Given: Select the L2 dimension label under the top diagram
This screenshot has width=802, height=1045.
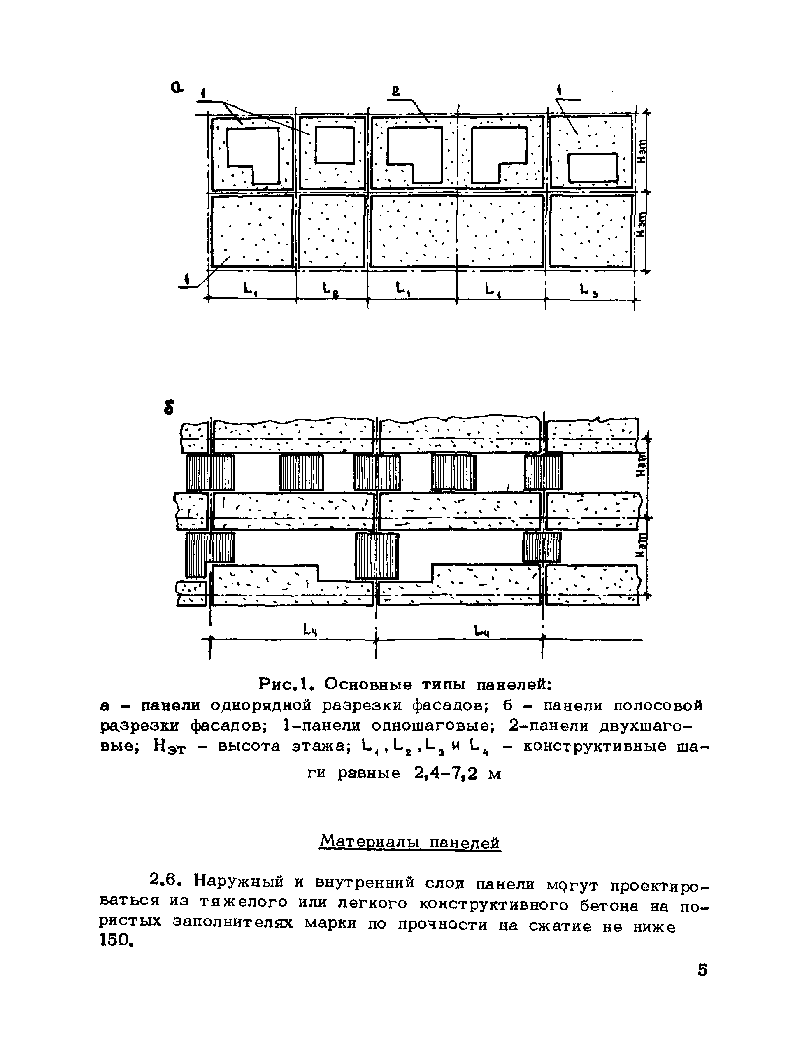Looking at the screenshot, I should (x=328, y=289).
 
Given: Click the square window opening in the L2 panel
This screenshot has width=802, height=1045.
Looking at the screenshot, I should (x=335, y=145).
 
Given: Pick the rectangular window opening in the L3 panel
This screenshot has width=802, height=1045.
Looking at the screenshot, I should (x=593, y=168).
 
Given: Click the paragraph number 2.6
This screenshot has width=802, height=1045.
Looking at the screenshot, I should (x=164, y=879).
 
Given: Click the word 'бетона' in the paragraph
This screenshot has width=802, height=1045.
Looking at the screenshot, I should (x=612, y=905).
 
